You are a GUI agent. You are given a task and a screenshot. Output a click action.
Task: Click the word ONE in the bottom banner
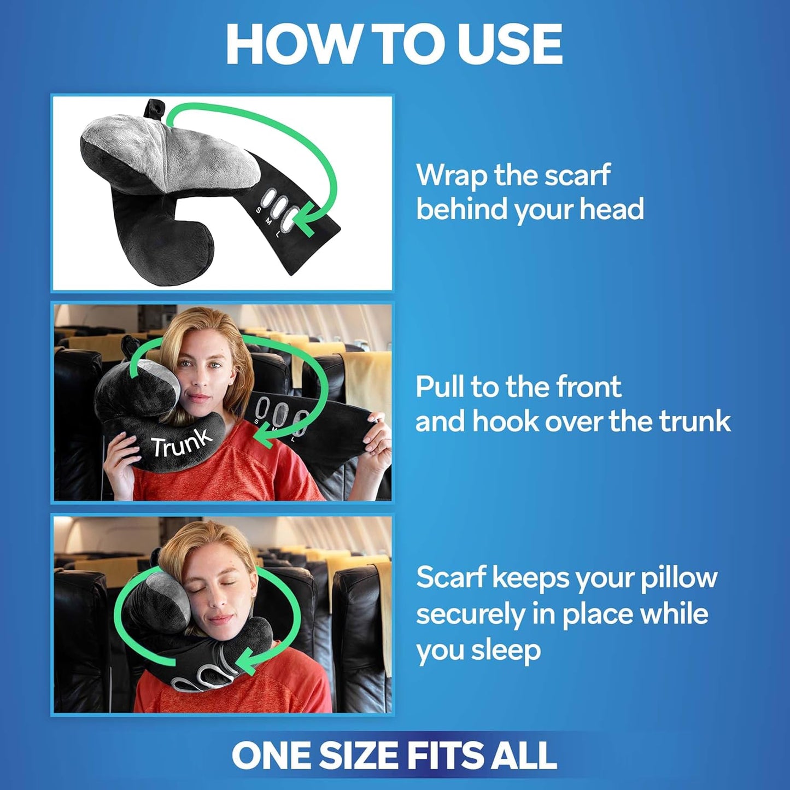(x=272, y=756)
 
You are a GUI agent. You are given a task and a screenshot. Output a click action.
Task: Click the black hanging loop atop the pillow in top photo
(x=155, y=108)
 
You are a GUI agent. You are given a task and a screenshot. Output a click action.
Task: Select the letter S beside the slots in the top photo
(x=259, y=210)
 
